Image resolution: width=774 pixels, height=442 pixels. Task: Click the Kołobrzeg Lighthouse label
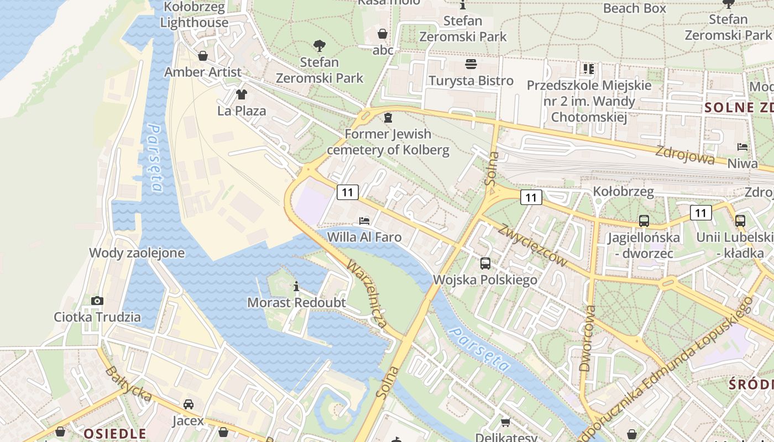coord(194,15)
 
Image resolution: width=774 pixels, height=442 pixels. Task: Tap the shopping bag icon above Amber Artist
coord(203,56)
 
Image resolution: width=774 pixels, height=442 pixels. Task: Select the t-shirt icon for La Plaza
coord(241,94)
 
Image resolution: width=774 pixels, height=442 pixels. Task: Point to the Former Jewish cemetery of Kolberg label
coord(388,142)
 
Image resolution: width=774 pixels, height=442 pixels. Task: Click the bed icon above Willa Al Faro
coord(364,221)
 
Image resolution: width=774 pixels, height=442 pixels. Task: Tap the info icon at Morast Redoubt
coord(296,286)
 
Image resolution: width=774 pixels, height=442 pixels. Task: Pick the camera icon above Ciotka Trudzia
coord(97,301)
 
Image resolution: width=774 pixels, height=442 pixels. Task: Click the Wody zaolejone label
coord(137,253)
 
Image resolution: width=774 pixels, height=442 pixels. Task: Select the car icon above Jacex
coord(189,404)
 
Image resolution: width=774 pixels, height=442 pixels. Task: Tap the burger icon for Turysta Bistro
coord(471,65)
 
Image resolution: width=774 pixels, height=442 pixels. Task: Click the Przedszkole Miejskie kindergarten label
coord(589,101)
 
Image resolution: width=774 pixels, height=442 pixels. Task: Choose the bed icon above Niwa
coord(742,147)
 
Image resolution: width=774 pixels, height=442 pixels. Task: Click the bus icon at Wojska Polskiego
coord(485,264)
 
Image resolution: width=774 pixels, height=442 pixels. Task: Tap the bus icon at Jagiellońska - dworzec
coord(644,221)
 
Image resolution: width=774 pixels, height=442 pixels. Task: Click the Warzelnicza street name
coord(366,294)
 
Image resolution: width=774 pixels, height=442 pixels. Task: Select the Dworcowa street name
coord(588,338)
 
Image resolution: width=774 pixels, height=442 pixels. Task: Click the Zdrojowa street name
coord(685,155)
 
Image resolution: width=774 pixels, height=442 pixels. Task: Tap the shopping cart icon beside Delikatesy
coord(505,423)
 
